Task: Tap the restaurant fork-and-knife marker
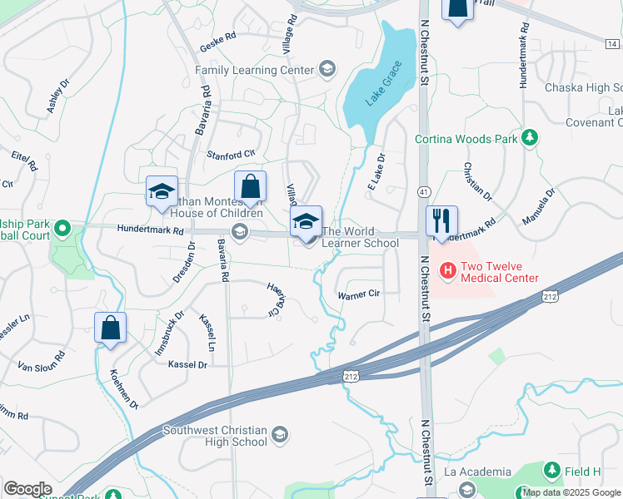[441, 221]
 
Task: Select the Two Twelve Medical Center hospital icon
[447, 269]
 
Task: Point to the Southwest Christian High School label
[215, 436]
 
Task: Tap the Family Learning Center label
[254, 71]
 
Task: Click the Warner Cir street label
[358, 294]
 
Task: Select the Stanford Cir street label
[231, 155]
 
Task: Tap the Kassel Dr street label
[187, 364]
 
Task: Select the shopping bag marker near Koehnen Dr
[110, 329]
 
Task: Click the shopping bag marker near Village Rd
[250, 189]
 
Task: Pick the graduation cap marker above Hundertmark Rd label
[161, 192]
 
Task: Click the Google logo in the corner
[27, 489]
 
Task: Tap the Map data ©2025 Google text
[571, 492]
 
